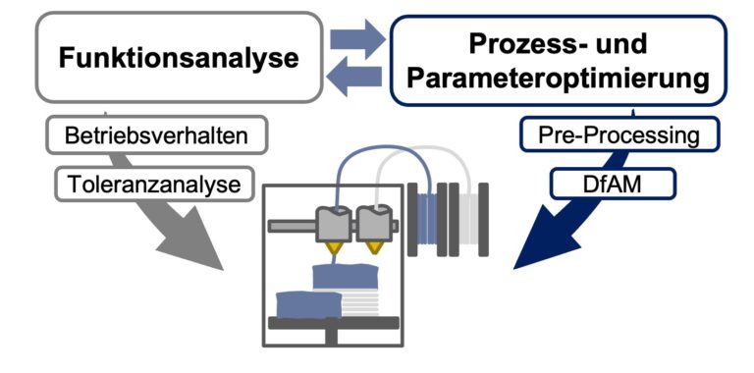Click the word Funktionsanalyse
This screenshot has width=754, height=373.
coord(179,57)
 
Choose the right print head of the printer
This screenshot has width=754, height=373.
coord(374,226)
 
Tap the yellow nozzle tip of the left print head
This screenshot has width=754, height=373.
coord(335,249)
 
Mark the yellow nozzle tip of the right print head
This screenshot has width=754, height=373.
coord(374,249)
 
